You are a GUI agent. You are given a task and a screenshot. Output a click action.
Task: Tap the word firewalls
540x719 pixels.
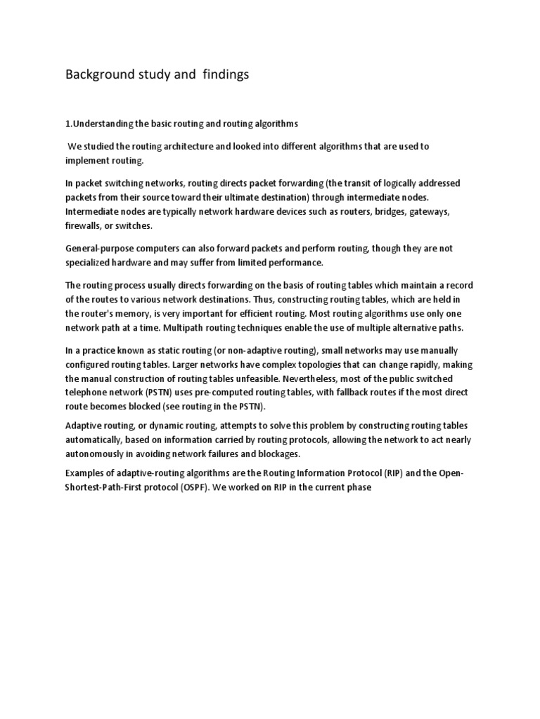click(86, 226)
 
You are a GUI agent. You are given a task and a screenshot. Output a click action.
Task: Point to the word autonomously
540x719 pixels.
click(98, 454)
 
